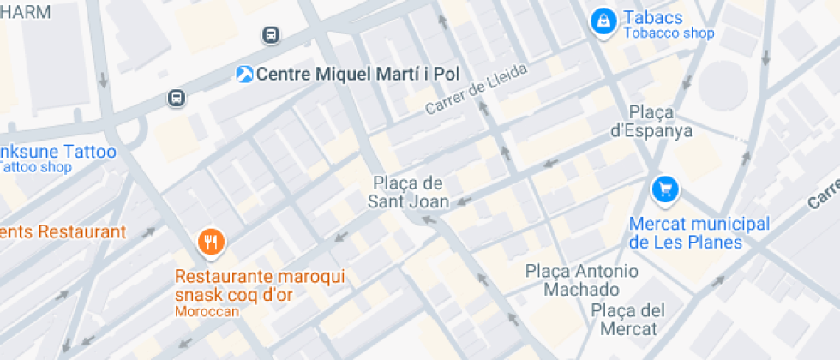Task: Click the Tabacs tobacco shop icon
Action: pyautogui.click(x=603, y=21)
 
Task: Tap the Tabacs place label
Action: pyautogui.click(x=653, y=18)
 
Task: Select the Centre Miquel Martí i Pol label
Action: pyautogui.click(x=358, y=74)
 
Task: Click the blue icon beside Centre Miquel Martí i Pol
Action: pyautogui.click(x=245, y=74)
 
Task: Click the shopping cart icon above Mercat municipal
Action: pyautogui.click(x=665, y=190)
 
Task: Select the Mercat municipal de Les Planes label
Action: pyautogui.click(x=699, y=233)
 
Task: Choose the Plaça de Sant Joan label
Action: pyautogui.click(x=408, y=192)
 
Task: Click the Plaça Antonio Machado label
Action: pyautogui.click(x=581, y=280)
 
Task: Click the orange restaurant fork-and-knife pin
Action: pyautogui.click(x=210, y=241)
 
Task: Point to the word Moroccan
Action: pyautogui.click(x=207, y=312)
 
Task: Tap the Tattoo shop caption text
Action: pyautogui.click(x=36, y=168)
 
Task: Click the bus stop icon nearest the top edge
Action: pyautogui.click(x=270, y=35)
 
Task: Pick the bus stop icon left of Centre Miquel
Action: pyautogui.click(x=177, y=99)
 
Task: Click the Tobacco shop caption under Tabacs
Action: pyautogui.click(x=669, y=34)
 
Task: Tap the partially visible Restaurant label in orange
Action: pyautogui.click(x=62, y=231)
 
